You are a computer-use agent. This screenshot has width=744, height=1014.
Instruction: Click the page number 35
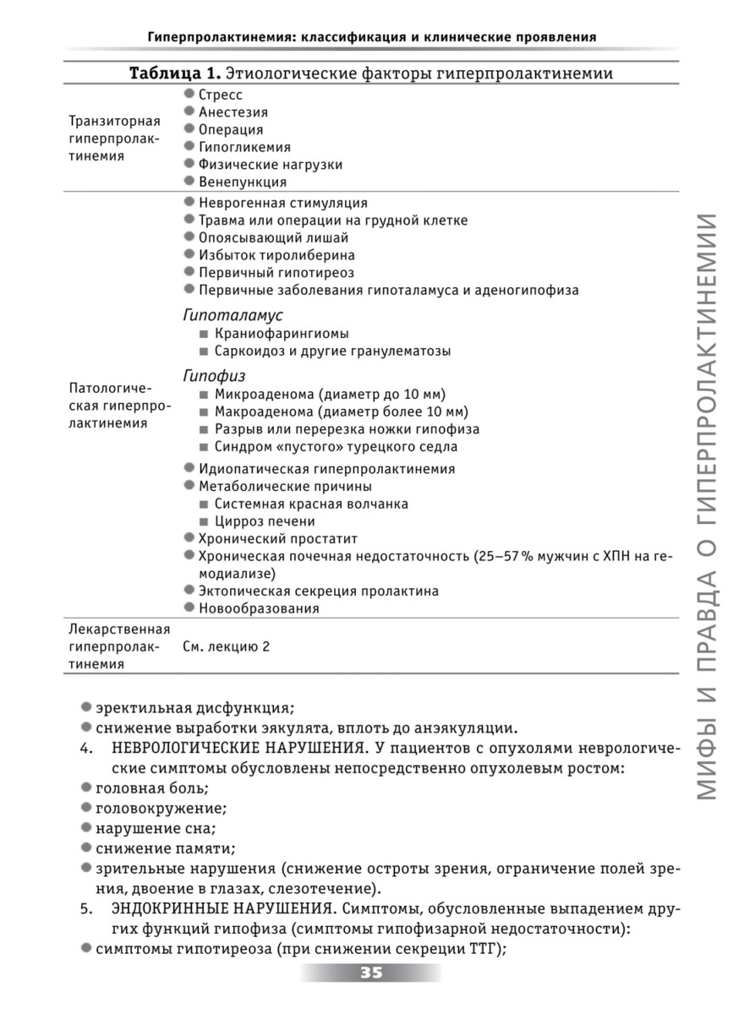coord(371,973)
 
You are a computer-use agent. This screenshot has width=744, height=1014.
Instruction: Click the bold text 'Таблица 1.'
coord(174,74)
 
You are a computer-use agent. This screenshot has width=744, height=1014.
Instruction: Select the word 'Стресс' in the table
coord(221,95)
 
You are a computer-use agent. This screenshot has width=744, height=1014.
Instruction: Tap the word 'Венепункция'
coord(243,182)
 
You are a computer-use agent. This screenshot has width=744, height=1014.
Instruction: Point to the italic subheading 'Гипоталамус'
coord(232,314)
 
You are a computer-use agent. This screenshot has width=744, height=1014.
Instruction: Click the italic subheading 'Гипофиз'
coord(214,375)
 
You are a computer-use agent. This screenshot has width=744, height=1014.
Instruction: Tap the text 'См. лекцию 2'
coord(226,646)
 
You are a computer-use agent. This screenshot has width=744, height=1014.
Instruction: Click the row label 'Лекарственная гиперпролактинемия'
coord(118,646)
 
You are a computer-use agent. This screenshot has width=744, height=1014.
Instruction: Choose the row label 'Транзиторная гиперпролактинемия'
coord(114,139)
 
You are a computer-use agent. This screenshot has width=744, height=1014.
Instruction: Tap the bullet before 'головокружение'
coord(86,807)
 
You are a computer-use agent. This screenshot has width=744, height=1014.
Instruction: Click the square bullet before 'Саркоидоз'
coord(204,351)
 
